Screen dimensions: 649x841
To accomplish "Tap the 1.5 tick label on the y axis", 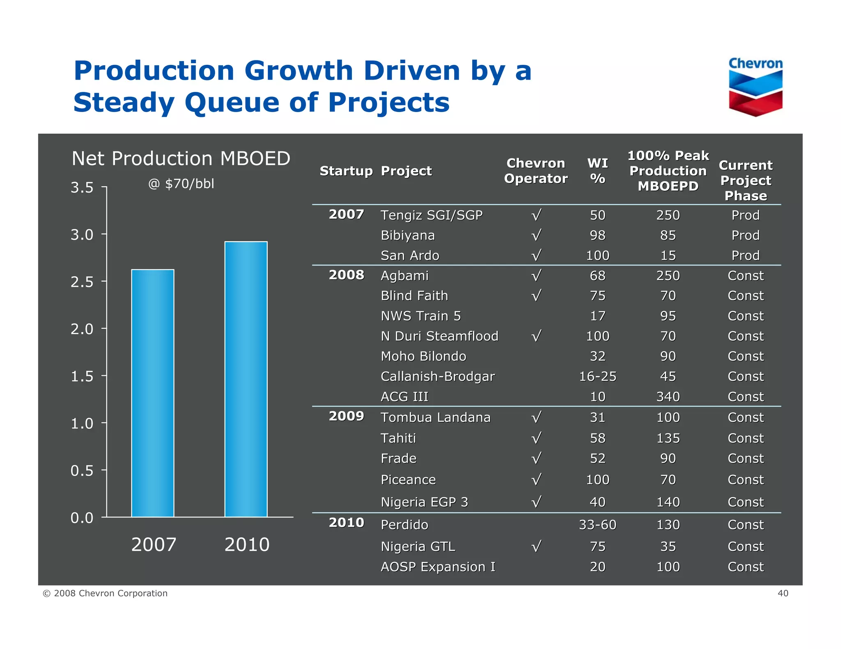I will pyautogui.click(x=82, y=376).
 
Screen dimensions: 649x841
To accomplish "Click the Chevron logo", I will pyautogui.click(x=755, y=87).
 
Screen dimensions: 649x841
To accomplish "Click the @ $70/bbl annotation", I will pyautogui.click(x=181, y=183).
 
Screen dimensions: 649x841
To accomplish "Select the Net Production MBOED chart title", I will pyautogui.click(x=181, y=158).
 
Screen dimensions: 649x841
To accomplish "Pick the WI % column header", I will pyautogui.click(x=597, y=171).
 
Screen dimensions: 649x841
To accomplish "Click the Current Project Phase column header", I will pyautogui.click(x=745, y=180).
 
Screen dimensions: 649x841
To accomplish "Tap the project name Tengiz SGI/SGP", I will pyautogui.click(x=431, y=215).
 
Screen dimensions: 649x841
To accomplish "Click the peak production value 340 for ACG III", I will pyautogui.click(x=668, y=397).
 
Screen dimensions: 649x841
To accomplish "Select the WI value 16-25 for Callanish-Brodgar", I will pyautogui.click(x=597, y=376).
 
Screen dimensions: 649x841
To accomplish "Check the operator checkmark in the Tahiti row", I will pyautogui.click(x=536, y=438).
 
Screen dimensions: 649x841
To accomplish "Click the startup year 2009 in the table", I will pyautogui.click(x=346, y=416).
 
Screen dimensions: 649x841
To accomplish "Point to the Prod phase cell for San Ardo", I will pyautogui.click(x=745, y=255).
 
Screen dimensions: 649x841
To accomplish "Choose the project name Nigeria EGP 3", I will pyautogui.click(x=424, y=502).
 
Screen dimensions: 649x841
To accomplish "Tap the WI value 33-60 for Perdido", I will pyautogui.click(x=597, y=525).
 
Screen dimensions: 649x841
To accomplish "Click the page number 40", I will pyautogui.click(x=783, y=593).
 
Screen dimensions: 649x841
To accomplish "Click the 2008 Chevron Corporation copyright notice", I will pyautogui.click(x=105, y=593).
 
